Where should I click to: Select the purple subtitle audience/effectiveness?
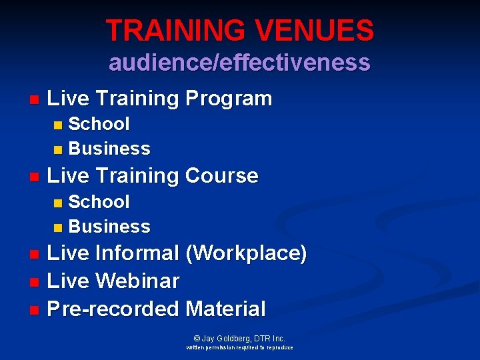coord(239,62)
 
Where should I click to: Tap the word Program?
coord(229,99)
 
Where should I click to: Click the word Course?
coord(221,176)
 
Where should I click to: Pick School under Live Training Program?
coord(99,124)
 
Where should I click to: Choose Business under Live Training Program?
coord(109,148)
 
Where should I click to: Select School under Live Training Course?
coord(99,201)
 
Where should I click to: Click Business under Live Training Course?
coord(109,226)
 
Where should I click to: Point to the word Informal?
coord(137,253)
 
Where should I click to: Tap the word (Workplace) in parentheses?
coord(246,253)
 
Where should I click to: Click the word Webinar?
coord(137,281)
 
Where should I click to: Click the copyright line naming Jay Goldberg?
coord(239,339)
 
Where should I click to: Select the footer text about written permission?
coord(239,347)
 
